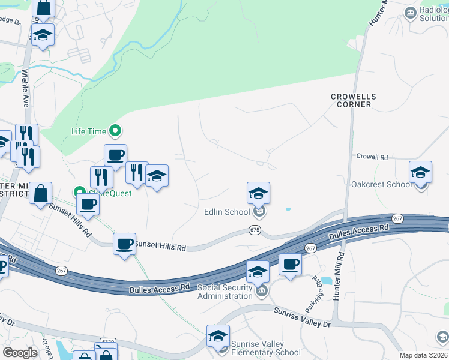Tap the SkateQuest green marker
click(79, 192)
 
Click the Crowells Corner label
click(354, 100)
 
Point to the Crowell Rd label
click(372, 157)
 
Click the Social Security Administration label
click(225, 292)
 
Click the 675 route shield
click(255, 230)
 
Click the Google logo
click(20, 353)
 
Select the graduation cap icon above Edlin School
click(258, 193)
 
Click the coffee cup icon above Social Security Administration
click(290, 264)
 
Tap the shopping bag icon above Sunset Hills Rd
click(41, 194)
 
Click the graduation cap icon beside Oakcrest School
click(421, 172)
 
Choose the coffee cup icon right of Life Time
click(116, 155)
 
